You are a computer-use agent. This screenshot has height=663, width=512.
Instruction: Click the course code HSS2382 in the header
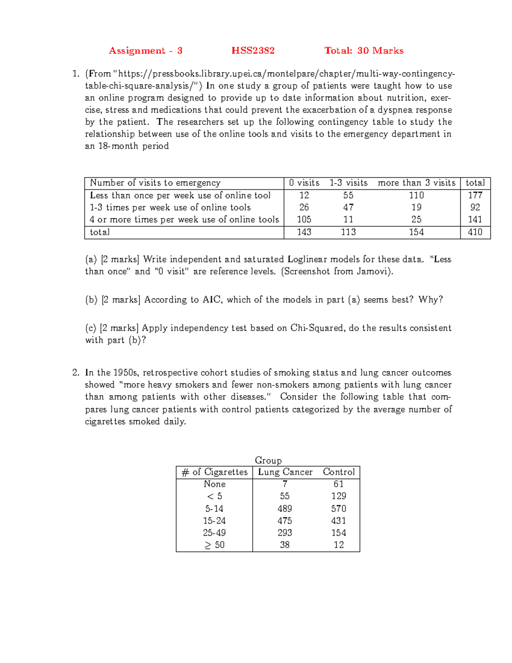(253, 51)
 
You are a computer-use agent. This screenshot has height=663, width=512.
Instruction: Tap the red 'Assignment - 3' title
(145, 51)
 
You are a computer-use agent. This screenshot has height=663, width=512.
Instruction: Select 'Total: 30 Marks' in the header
(364, 51)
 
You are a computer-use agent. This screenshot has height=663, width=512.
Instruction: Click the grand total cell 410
(475, 232)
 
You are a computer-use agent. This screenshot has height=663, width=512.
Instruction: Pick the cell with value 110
(416, 196)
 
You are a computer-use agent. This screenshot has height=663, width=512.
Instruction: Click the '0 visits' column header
(304, 183)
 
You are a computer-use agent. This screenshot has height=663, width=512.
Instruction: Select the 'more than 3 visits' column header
(416, 183)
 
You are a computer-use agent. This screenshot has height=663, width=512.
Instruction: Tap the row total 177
(475, 196)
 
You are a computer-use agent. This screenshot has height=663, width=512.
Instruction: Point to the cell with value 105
(304, 219)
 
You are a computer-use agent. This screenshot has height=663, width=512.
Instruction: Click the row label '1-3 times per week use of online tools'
(170, 207)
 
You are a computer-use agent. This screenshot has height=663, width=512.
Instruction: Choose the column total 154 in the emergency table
(416, 232)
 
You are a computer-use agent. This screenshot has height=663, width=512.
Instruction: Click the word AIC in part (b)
(212, 300)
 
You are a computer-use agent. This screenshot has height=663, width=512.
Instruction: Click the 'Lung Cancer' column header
(285, 472)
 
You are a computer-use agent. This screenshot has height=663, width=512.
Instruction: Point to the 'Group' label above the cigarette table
(268, 460)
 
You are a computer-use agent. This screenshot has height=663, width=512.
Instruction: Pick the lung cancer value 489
(285, 509)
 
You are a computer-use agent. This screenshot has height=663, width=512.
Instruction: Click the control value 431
(338, 521)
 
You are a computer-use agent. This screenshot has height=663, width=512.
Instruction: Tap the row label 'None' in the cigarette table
(215, 484)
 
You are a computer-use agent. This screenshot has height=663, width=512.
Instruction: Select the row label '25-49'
(214, 533)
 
